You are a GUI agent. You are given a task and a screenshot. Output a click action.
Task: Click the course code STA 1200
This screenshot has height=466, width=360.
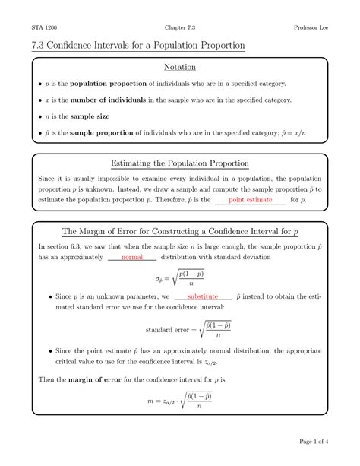click(43, 27)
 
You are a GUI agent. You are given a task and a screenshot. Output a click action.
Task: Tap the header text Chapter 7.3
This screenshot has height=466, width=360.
click(180, 27)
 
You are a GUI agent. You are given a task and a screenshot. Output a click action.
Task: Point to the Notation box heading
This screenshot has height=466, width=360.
click(179, 68)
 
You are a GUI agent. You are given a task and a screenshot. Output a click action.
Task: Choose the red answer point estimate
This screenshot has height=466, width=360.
click(251, 199)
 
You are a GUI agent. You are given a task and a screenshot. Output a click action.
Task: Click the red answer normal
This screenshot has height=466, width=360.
click(131, 258)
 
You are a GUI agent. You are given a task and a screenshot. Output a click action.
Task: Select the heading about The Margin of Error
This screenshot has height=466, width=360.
click(179, 231)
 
